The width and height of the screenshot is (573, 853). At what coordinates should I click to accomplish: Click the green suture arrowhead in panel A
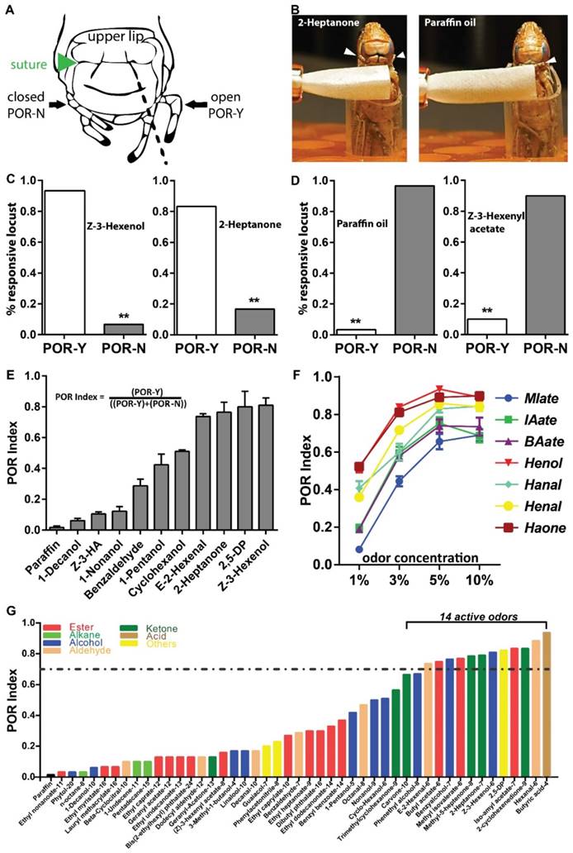pos(71,62)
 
